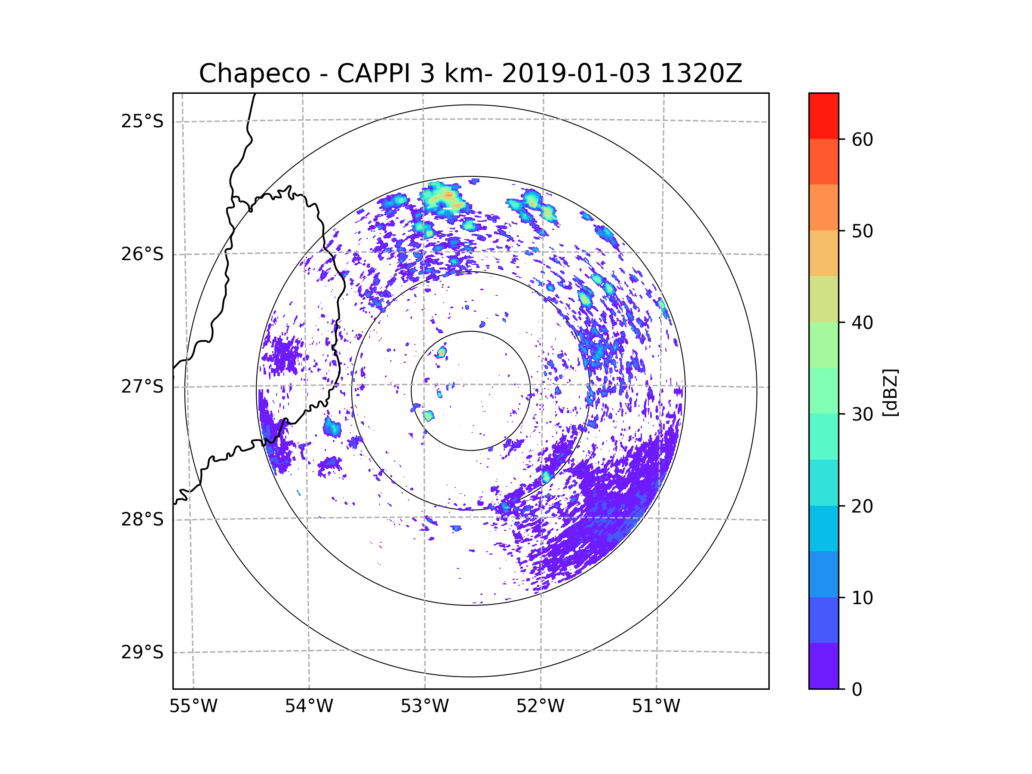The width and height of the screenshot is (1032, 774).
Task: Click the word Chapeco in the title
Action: click(254, 74)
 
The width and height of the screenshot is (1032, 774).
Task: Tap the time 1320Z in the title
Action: click(701, 74)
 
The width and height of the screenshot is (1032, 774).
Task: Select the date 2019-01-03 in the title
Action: click(576, 74)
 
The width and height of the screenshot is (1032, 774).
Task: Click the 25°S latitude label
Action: click(142, 121)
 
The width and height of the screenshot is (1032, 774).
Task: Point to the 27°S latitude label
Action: click(142, 387)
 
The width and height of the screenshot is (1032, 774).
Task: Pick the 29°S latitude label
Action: click(142, 652)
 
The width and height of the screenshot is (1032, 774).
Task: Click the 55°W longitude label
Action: click(193, 706)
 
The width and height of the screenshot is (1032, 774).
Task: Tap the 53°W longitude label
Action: click(424, 706)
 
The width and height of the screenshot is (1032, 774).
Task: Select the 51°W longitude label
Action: click(656, 706)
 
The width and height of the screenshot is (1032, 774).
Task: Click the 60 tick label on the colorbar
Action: click(862, 139)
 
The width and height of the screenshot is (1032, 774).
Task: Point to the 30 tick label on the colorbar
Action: click(862, 414)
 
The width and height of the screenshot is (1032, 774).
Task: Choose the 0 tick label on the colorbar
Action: click(857, 690)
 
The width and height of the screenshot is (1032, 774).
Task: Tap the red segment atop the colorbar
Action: click(823, 116)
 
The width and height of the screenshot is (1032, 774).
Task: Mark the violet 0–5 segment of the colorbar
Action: click(823, 666)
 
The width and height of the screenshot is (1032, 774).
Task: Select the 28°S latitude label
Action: click(142, 519)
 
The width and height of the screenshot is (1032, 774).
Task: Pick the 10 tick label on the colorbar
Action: click(862, 598)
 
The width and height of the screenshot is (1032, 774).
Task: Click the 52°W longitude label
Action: click(540, 706)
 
